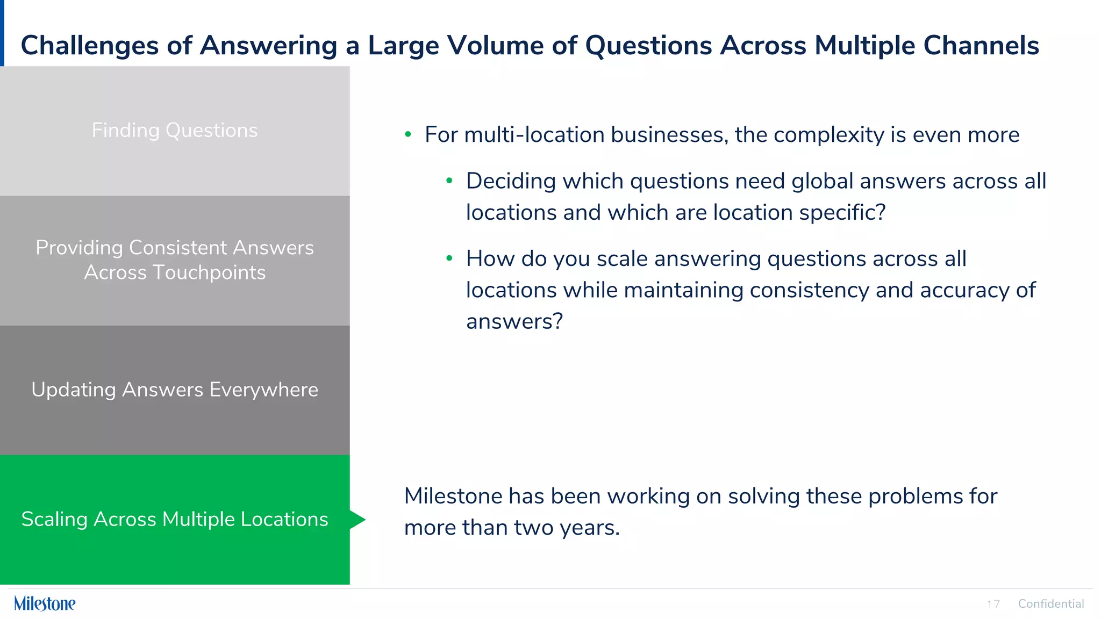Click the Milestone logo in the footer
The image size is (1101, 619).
click(45, 603)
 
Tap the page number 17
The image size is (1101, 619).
click(993, 604)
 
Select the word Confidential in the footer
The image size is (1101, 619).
click(1050, 604)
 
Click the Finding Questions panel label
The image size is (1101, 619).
click(175, 131)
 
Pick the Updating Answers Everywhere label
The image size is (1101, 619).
click(175, 390)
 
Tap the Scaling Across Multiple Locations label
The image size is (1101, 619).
click(175, 519)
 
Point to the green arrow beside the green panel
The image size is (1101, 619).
click(358, 520)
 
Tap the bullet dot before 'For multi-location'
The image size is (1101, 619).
click(408, 134)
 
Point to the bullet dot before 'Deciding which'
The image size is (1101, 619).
click(449, 181)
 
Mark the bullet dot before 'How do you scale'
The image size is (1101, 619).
click(449, 258)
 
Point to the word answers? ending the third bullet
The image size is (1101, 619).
click(514, 321)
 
